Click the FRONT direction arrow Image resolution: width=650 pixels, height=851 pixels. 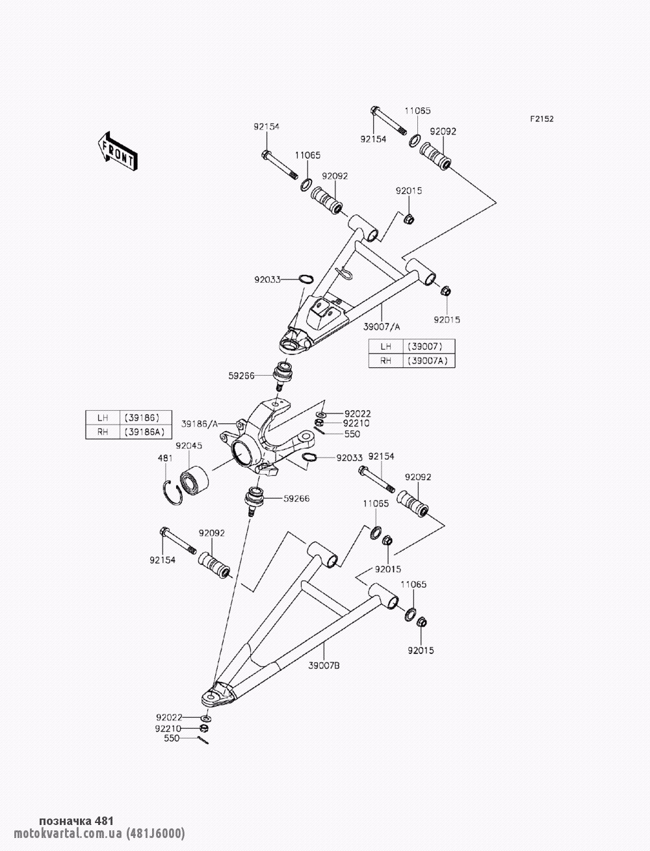click(x=116, y=151)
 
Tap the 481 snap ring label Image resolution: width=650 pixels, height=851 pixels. click(x=166, y=458)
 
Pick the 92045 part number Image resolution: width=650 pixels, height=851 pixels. click(x=188, y=446)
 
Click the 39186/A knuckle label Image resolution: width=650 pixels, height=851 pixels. click(x=199, y=423)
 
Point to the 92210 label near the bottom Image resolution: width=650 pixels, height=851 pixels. click(x=168, y=729)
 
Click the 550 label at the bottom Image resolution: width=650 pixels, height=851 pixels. click(x=171, y=739)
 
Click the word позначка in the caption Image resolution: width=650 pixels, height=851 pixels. click(x=65, y=821)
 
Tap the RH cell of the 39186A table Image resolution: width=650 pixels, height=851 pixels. click(x=103, y=432)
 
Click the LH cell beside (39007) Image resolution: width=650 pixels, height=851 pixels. click(x=386, y=347)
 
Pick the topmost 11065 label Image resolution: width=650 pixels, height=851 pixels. click(x=418, y=111)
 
